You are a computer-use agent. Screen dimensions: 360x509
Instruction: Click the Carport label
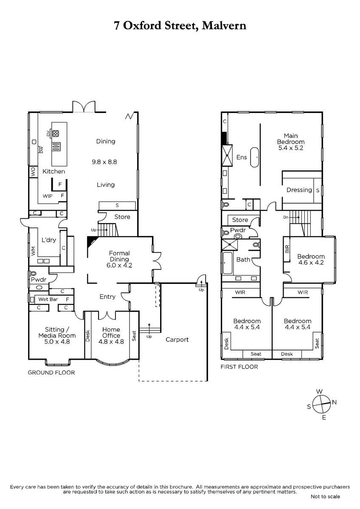tap(177, 339)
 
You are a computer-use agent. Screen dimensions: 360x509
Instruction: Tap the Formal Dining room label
tap(119, 259)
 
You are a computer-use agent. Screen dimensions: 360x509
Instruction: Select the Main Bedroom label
tap(291, 142)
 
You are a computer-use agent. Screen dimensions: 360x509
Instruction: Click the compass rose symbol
tap(321, 405)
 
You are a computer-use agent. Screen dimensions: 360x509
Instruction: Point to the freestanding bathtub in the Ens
tap(254, 157)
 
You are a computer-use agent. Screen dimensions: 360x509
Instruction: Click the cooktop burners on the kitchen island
tap(56, 133)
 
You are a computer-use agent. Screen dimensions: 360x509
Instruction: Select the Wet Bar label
tap(48, 299)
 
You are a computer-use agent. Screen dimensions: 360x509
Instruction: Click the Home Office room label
tap(111, 336)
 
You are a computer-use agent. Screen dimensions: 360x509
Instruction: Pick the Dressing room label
tap(299, 190)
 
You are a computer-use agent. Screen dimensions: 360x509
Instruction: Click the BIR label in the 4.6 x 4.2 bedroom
tap(287, 249)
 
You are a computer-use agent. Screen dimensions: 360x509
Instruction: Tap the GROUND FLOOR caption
tap(51, 373)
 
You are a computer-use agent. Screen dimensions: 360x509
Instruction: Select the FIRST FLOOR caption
tap(239, 367)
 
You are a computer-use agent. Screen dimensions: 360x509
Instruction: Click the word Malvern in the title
tap(224, 25)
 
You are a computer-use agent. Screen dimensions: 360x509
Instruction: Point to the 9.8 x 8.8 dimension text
tap(104, 162)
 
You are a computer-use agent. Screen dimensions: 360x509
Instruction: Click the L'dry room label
tap(49, 240)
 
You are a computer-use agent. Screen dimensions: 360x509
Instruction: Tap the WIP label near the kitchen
tap(48, 196)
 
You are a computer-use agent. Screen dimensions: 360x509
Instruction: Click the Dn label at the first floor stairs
tap(286, 218)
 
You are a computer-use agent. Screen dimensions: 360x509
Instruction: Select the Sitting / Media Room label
tap(57, 336)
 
